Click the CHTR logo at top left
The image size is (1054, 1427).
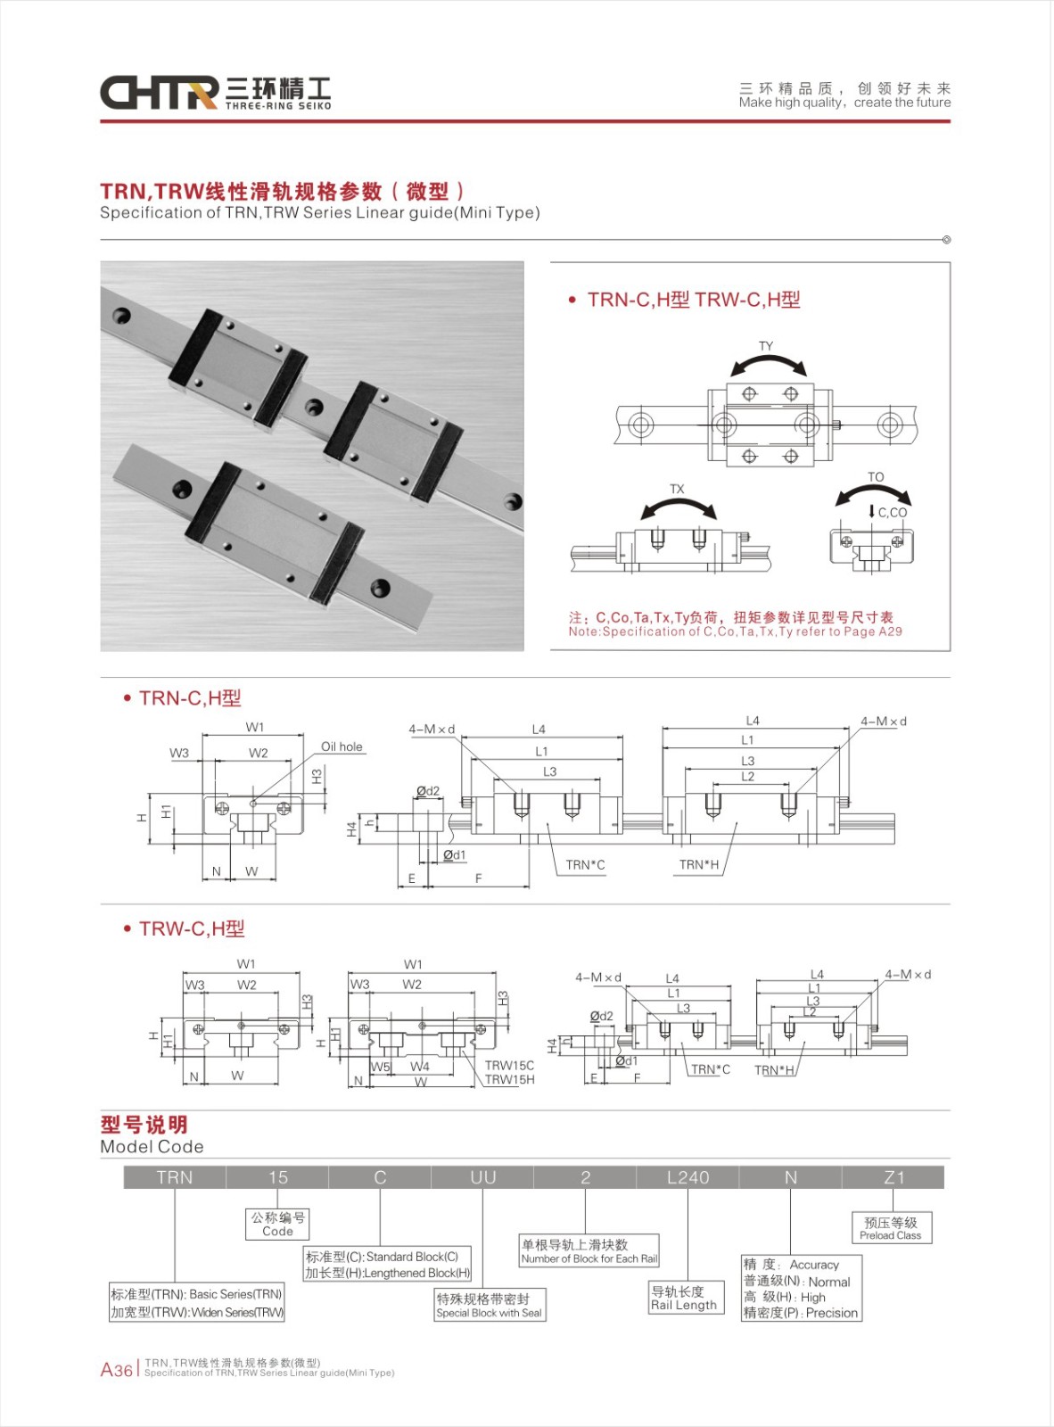(x=159, y=92)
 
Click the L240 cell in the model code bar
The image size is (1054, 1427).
(x=688, y=1177)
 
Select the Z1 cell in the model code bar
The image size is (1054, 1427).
(x=893, y=1177)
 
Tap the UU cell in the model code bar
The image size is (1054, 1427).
(x=482, y=1177)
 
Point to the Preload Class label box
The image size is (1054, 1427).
(x=891, y=1228)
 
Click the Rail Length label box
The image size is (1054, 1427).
(x=684, y=1298)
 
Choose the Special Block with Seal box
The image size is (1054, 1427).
(x=490, y=1306)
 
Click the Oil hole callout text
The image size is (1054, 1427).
(x=342, y=746)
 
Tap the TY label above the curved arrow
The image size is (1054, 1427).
(x=766, y=346)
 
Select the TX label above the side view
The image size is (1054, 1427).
(x=677, y=489)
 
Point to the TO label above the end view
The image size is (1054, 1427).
(x=876, y=477)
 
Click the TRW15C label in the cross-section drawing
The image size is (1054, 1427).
(x=509, y=1065)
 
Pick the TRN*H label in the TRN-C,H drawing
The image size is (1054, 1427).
(x=698, y=864)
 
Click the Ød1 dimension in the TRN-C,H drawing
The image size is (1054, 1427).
(x=455, y=855)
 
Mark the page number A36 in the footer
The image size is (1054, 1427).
(x=116, y=1370)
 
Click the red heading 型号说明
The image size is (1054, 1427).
(x=144, y=1125)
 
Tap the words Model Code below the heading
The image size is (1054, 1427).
(x=152, y=1147)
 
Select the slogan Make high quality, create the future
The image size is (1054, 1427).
(x=844, y=103)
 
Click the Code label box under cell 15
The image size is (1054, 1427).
(x=277, y=1225)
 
